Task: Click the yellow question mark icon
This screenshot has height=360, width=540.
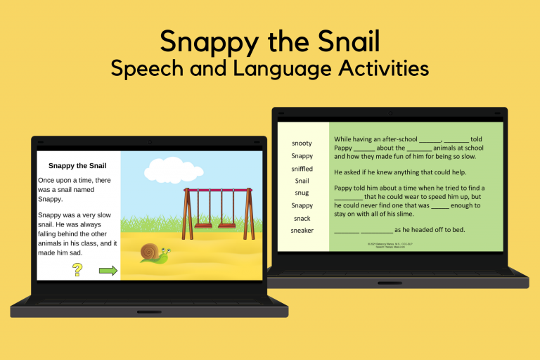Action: [77, 269]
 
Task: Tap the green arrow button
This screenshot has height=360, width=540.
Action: [108, 271]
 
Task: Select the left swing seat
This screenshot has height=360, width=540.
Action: [203, 225]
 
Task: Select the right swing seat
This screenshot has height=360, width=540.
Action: [227, 225]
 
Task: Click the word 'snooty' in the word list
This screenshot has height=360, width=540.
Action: [302, 143]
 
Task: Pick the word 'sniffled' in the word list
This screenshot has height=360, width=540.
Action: [302, 169]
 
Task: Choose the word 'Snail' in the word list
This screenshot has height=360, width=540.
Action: [302, 181]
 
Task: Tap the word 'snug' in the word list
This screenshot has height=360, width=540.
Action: [302, 193]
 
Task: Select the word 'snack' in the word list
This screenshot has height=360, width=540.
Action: [302, 218]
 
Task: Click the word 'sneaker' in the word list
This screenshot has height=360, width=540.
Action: [302, 231]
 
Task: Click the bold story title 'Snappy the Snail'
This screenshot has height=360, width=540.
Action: [77, 166]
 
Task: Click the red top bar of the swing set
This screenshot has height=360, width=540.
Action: [218, 190]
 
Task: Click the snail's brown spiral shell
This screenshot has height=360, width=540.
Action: [148, 251]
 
